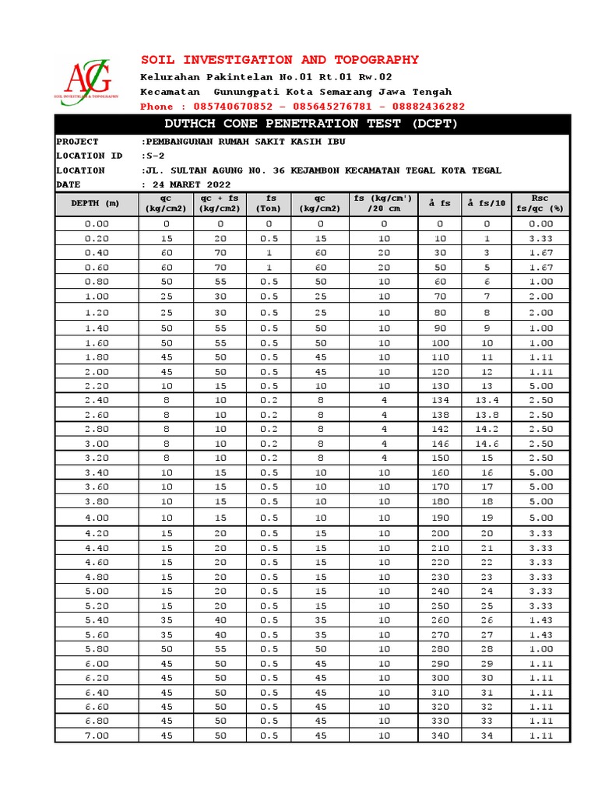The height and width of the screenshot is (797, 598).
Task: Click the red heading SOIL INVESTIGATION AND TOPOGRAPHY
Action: [280, 60]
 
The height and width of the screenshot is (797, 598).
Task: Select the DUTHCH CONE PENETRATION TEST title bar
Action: [311, 124]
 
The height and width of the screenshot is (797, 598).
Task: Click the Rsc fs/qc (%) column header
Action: [540, 203]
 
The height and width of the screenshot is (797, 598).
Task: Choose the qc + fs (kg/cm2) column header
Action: [220, 203]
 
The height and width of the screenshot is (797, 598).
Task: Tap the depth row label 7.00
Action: [97, 736]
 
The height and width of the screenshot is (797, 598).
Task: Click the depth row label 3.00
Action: [97, 443]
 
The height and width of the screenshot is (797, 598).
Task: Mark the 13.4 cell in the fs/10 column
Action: [487, 400]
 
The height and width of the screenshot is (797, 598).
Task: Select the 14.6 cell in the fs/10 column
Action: [487, 443]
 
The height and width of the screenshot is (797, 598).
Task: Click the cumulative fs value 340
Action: [441, 736]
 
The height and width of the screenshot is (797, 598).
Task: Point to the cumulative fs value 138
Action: [441, 414]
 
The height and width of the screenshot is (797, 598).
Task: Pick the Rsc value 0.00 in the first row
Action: [540, 224]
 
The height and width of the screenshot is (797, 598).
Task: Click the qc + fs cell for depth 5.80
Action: [220, 648]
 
